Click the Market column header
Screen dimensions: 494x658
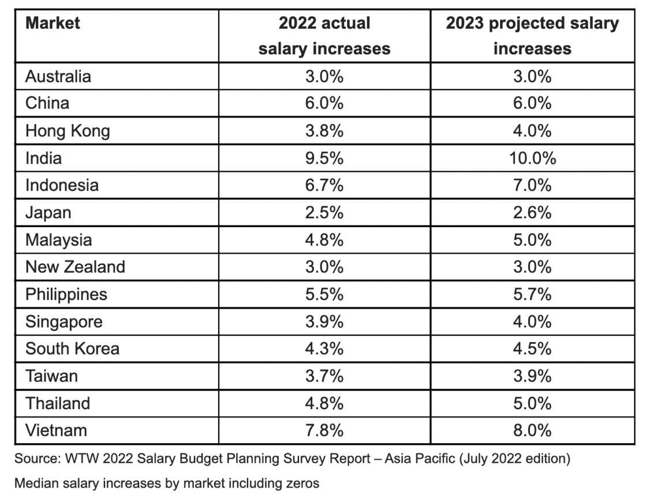coord(53,24)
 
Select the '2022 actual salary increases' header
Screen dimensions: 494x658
coord(324,36)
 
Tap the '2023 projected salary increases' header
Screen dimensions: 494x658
coord(532,36)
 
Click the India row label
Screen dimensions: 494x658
coord(43,158)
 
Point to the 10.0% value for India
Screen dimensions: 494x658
coord(532,158)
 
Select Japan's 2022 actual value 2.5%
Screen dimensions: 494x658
coord(324,213)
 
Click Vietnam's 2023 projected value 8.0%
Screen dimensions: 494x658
coord(532,430)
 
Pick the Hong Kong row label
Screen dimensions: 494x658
coord(68,131)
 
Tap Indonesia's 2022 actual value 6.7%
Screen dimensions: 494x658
coord(324,185)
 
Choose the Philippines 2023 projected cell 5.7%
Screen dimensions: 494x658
coord(532,294)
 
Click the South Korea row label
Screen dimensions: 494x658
coord(72,348)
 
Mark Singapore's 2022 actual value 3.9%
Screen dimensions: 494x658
coord(324,321)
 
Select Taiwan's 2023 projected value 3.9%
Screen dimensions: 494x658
coord(532,376)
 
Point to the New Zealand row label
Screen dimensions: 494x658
coord(75,267)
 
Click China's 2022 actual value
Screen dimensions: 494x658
coord(324,103)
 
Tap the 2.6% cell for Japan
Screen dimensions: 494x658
coord(532,213)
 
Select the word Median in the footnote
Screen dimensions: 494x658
coord(33,483)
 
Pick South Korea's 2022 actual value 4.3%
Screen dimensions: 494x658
coord(324,348)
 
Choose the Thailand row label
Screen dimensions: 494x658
coord(58,403)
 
